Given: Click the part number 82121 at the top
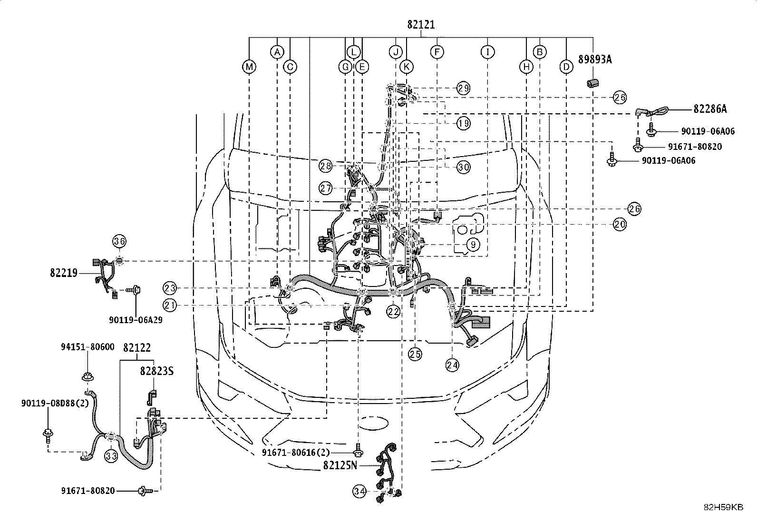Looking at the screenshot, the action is tap(421, 25).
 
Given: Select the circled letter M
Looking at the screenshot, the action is tap(249, 67).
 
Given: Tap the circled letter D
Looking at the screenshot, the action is tap(566, 67).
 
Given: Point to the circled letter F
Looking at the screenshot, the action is tap(437, 52).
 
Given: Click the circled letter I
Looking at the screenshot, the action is tap(488, 52).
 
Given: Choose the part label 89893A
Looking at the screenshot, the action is tap(595, 59).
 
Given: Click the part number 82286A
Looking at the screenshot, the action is tap(710, 109).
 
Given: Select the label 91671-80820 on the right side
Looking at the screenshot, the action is tap(695, 147).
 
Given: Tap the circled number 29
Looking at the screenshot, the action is tap(463, 89).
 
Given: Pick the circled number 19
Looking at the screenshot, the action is tap(463, 123).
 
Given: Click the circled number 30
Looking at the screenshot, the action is tap(463, 167).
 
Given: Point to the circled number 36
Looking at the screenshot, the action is tap(119, 241).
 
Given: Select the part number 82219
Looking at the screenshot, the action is tap(64, 273).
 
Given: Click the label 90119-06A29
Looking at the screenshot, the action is tap(136, 320).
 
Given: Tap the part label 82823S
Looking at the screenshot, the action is tap(157, 372).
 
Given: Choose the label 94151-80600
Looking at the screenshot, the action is tap(87, 347).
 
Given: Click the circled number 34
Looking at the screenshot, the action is tap(359, 491).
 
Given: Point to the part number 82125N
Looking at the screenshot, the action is tap(340, 465).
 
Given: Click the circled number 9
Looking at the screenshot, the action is tap(473, 244).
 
